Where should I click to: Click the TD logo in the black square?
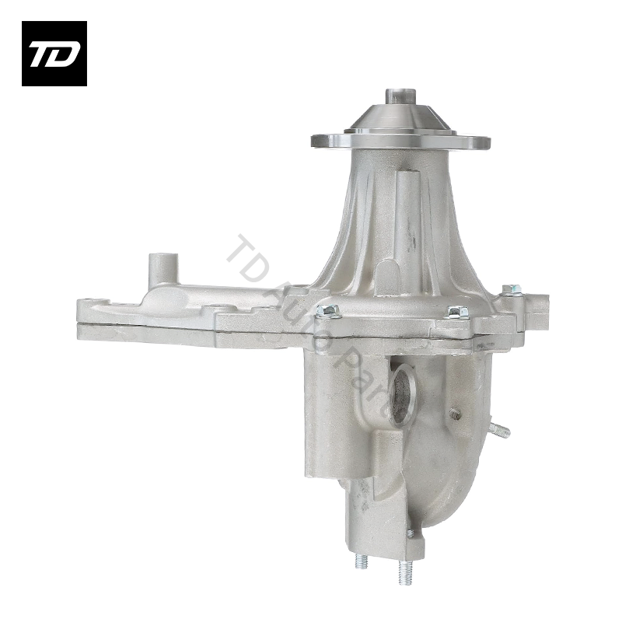click(x=54, y=54)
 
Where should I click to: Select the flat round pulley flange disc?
click(x=400, y=142)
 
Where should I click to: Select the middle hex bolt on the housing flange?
click(x=457, y=312)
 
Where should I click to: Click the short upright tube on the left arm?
click(x=160, y=268)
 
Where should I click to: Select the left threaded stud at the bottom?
click(x=362, y=560)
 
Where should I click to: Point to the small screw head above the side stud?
click(x=455, y=414)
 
